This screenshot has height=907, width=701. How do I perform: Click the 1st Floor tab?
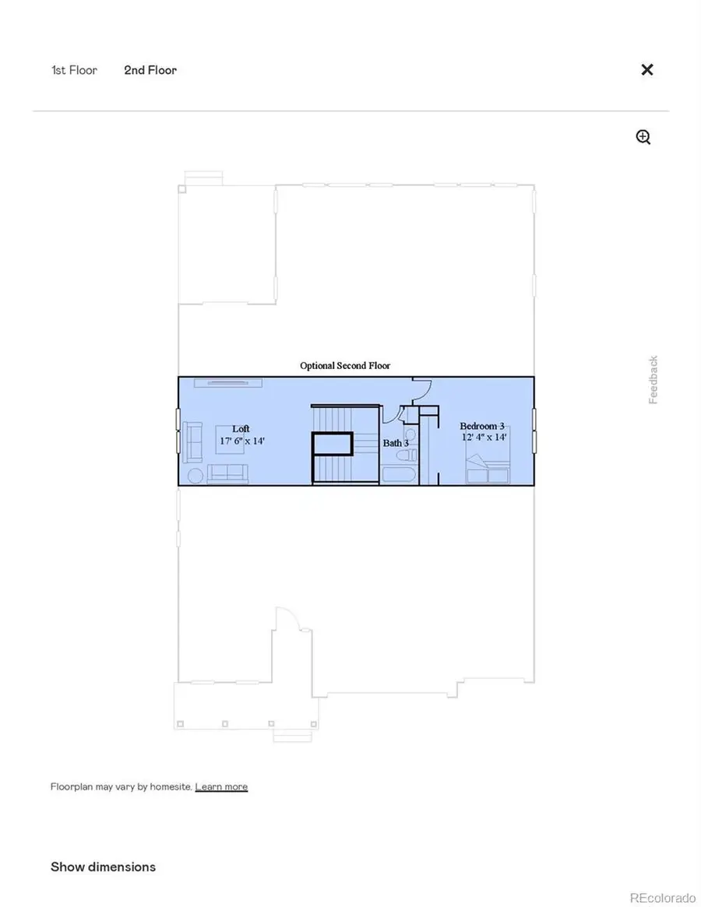pos(74,70)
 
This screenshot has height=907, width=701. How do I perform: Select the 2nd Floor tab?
pos(150,70)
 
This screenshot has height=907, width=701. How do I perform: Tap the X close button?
pos(646,69)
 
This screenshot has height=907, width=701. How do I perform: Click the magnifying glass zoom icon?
pos(643,138)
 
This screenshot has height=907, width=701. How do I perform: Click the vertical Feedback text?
pos(653,380)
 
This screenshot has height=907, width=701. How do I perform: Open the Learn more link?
pos(221,786)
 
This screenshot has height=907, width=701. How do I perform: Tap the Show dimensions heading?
pos(103,867)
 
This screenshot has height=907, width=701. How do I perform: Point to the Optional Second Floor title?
pos(345,365)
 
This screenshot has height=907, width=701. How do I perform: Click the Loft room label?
pos(241,429)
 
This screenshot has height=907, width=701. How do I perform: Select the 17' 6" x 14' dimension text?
pos(242,441)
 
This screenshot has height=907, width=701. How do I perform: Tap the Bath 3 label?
pos(396,443)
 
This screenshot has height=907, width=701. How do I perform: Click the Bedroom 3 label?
pos(482,426)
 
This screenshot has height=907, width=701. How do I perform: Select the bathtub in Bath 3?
pos(399,475)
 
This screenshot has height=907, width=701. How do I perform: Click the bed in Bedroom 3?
pos(488,472)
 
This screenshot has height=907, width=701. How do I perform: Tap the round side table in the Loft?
pos(194,476)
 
